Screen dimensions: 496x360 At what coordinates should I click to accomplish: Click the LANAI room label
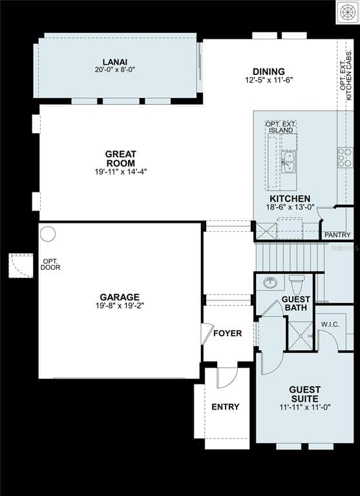click(114, 61)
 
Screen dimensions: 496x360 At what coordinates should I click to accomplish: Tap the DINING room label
click(268, 72)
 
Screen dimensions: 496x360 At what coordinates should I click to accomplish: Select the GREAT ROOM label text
click(121, 159)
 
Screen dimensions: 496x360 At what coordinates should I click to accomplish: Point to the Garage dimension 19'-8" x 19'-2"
click(120, 305)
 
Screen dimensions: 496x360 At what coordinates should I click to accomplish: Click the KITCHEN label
click(290, 199)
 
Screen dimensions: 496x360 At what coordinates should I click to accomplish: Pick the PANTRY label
click(337, 235)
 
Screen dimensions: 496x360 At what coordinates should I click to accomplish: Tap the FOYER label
click(228, 334)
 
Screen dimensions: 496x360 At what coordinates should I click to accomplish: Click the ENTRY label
click(225, 407)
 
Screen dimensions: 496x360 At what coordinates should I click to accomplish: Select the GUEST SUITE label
click(304, 394)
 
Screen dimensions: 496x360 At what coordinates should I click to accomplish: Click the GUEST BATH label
click(296, 304)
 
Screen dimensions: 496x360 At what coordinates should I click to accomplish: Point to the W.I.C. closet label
click(330, 324)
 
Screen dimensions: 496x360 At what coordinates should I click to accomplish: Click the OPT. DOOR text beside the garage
click(50, 264)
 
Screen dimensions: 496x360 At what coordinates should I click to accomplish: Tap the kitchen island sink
click(288, 162)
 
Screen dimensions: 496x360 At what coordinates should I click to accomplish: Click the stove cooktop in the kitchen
click(344, 157)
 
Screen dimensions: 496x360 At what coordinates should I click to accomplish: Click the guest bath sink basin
click(271, 282)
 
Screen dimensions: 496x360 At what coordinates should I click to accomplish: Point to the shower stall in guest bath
click(300, 335)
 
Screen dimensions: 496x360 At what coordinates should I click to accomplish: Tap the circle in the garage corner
click(48, 234)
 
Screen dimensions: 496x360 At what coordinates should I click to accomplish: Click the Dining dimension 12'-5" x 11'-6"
click(268, 80)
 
